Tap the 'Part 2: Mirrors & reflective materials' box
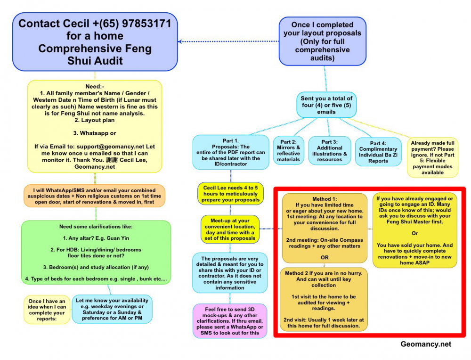[x=288, y=150]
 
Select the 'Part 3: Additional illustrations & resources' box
[x=329, y=150]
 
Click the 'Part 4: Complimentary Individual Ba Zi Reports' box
[x=378, y=152]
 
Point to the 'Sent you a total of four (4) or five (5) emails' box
[x=326, y=105]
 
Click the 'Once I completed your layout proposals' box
[x=323, y=41]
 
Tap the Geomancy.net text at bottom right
[x=426, y=344]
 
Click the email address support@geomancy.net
[x=110, y=147]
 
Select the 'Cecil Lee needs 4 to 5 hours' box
[x=230, y=194]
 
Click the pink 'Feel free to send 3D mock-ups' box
[x=230, y=320]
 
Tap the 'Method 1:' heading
[x=325, y=198]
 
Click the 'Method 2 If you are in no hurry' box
[x=324, y=299]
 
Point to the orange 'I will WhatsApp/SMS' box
[x=95, y=196]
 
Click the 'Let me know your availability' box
[x=112, y=309]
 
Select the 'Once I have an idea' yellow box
[x=47, y=310]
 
